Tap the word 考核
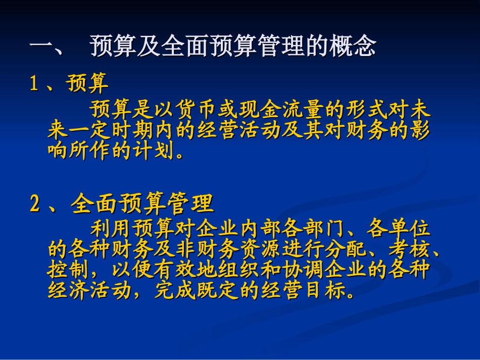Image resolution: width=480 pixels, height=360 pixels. pyautogui.click(x=408, y=250)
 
